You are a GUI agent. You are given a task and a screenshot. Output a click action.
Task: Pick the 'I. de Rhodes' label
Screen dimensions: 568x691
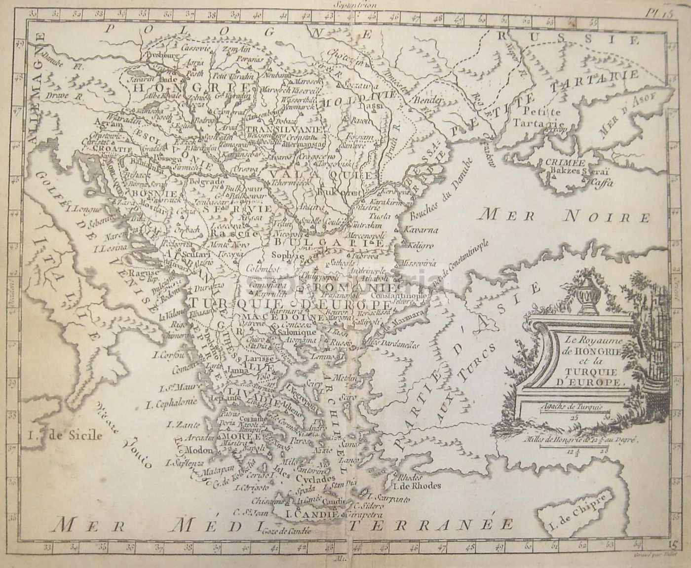pos(415,486)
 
